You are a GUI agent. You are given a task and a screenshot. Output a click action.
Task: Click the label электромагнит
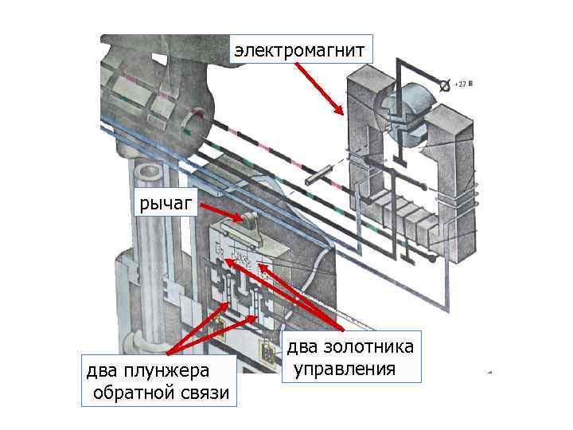tap(302, 50)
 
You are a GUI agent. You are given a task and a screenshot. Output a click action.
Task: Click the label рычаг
tap(166, 205)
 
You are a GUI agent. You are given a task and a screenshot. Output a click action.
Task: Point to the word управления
tap(344, 369)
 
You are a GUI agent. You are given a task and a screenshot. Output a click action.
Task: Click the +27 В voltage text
tap(463, 83)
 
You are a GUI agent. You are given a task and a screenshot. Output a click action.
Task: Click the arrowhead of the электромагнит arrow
tap(341, 113)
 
